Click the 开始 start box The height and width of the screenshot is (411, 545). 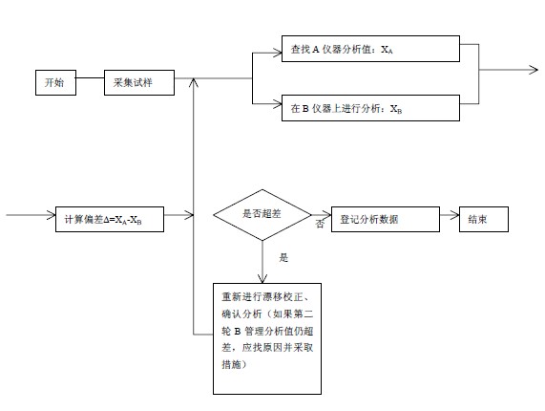pyautogui.click(x=55, y=82)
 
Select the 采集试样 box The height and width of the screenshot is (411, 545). pyautogui.click(x=139, y=82)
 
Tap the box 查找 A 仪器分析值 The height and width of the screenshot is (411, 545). pyautogui.click(x=370, y=49)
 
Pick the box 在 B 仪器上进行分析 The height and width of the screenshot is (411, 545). pyautogui.click(x=370, y=108)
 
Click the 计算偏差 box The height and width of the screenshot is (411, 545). pyautogui.click(x=110, y=219)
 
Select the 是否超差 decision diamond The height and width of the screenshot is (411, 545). pyautogui.click(x=262, y=215)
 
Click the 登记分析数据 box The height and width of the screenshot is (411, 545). pyautogui.click(x=385, y=219)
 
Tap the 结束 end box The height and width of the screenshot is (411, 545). pyautogui.click(x=484, y=219)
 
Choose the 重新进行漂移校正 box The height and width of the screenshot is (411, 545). pyautogui.click(x=267, y=338)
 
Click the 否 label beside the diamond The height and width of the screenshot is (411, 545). pyautogui.click(x=320, y=224)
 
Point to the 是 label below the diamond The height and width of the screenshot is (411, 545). pyautogui.click(x=283, y=257)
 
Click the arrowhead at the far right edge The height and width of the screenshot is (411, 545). pyautogui.click(x=534, y=70)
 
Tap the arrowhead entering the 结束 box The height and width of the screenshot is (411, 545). pyautogui.click(x=455, y=215)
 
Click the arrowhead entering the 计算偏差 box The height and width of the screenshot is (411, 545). pyautogui.click(x=52, y=215)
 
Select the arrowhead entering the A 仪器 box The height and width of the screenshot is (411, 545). pyautogui.click(x=277, y=53)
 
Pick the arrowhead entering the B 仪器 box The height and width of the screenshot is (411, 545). pyautogui.click(x=277, y=104)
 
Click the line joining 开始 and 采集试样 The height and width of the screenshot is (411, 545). pyautogui.click(x=90, y=77)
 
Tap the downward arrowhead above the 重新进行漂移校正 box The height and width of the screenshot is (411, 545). pyautogui.click(x=262, y=279)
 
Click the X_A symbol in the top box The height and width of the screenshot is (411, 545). pyautogui.click(x=387, y=50)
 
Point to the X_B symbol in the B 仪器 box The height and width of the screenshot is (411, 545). pyautogui.click(x=396, y=109)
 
